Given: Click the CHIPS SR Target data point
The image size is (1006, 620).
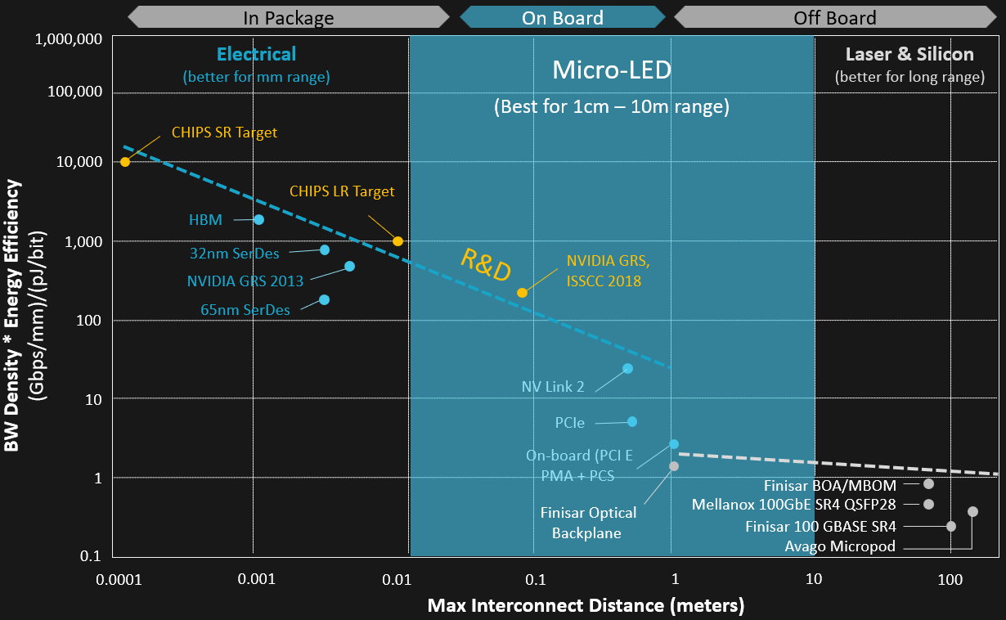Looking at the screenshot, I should click(x=125, y=162).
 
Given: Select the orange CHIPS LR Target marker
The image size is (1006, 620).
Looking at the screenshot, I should click(x=398, y=241).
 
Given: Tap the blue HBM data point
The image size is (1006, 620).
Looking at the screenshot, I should click(x=258, y=219).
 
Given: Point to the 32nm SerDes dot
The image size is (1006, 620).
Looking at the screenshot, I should click(x=325, y=250).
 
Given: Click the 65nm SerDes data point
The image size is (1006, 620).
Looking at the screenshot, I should click(x=325, y=300).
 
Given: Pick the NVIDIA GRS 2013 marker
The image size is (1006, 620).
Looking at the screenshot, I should click(x=349, y=267).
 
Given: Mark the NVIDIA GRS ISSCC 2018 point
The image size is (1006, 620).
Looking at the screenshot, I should click(x=522, y=293).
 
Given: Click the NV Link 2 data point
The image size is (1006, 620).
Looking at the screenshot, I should click(x=627, y=369).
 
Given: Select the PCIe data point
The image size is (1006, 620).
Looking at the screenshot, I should click(x=632, y=422).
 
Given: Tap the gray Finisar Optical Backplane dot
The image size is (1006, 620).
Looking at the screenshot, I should click(x=674, y=466).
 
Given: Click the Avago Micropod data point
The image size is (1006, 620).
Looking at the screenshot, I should click(x=972, y=512).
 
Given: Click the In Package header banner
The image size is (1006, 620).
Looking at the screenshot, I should click(x=289, y=17).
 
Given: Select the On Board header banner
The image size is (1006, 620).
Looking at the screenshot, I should click(x=563, y=17).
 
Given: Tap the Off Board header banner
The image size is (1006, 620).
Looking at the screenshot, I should click(x=834, y=17).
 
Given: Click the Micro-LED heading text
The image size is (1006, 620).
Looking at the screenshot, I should click(x=612, y=70).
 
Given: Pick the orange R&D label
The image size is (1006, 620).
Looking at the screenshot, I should click(x=486, y=264).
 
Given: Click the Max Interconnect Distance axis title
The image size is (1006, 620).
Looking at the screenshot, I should click(x=586, y=606).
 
